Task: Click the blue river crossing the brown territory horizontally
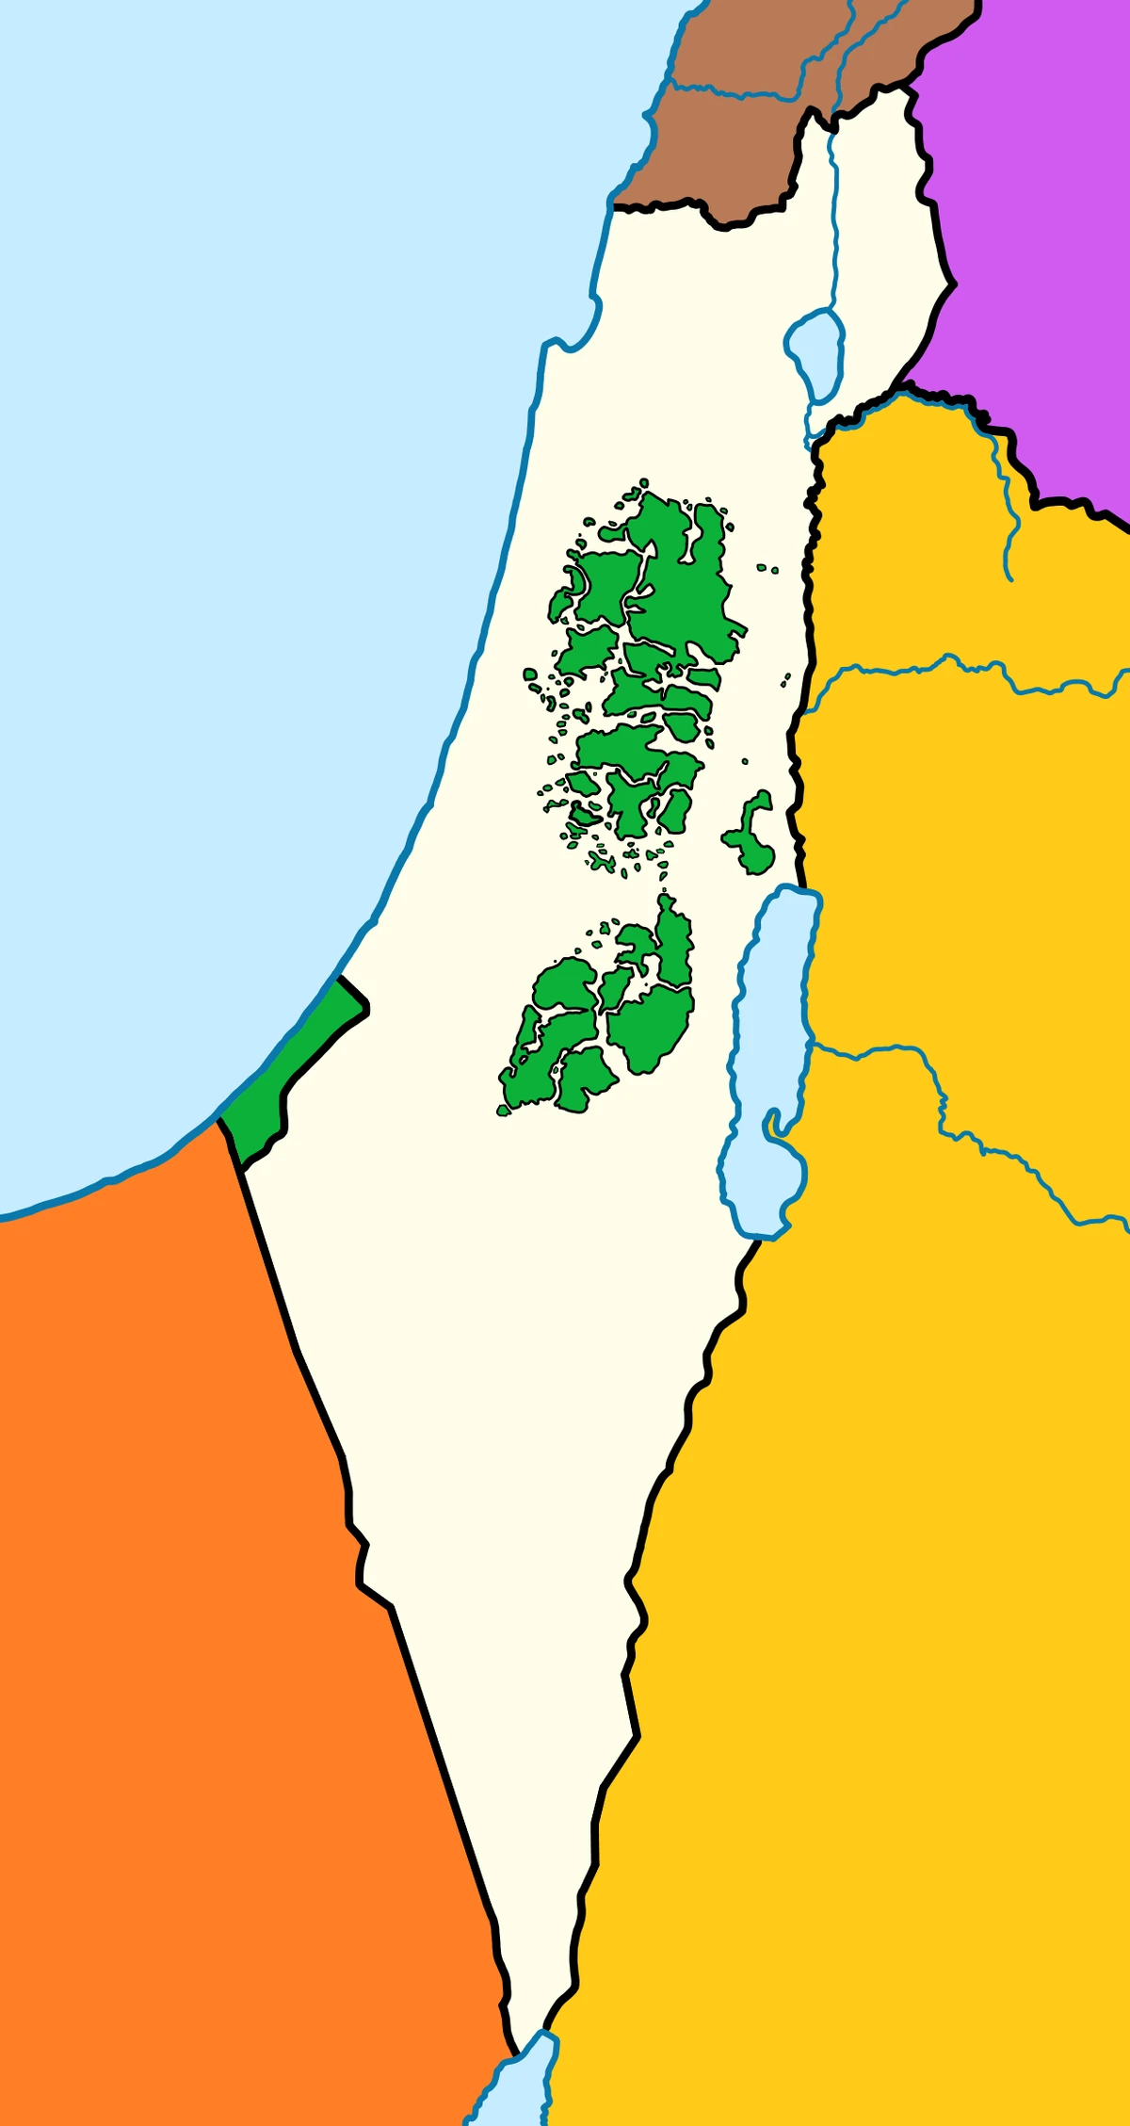click(x=734, y=93)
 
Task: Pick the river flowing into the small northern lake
click(x=834, y=235)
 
